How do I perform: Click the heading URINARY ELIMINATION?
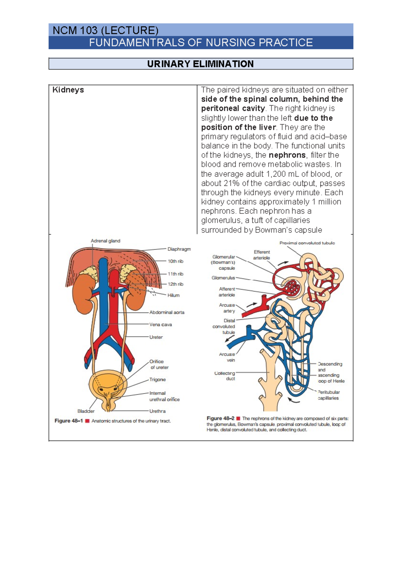200,64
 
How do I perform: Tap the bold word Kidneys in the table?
68,90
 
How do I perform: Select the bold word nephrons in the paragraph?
287,155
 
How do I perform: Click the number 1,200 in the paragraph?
277,174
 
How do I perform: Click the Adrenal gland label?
105,241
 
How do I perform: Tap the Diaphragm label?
179,249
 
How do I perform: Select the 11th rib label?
176,274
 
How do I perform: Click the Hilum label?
174,295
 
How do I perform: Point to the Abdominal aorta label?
167,312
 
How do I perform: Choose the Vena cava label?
160,325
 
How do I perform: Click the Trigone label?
157,379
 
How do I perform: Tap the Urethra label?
157,411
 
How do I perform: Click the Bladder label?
86,411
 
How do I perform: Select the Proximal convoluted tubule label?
307,243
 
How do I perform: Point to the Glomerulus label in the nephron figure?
223,278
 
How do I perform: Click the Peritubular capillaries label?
329,395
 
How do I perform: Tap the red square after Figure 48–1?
87,421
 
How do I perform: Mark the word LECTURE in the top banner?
129,31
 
